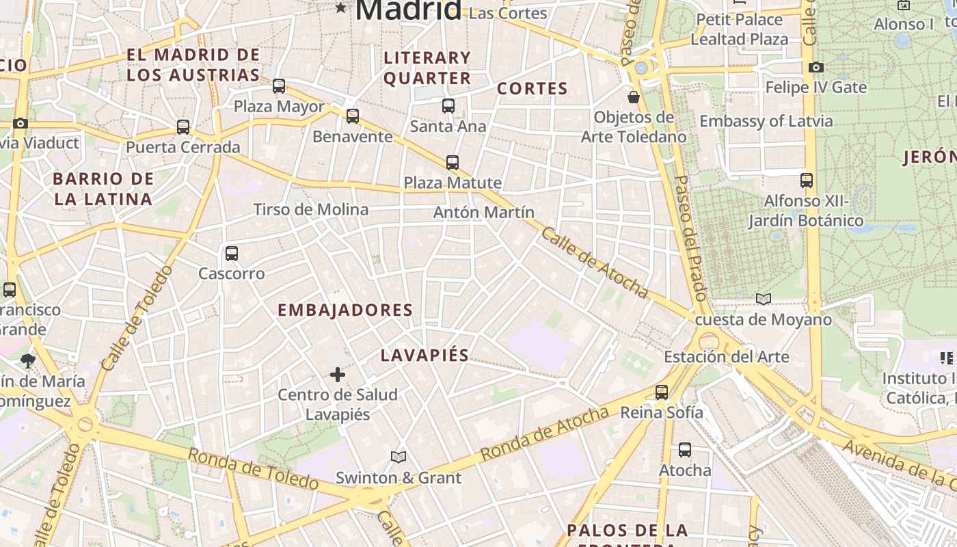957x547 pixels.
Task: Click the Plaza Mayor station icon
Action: [279, 86]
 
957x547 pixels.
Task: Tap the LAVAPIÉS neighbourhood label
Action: [424, 355]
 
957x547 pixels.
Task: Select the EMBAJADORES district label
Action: [345, 310]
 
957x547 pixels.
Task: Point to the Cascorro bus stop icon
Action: [232, 254]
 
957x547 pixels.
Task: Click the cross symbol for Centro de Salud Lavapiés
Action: [338, 375]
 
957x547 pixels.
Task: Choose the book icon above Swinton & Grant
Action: [399, 457]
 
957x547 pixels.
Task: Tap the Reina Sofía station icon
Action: [662, 392]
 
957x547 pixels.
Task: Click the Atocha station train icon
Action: [685, 450]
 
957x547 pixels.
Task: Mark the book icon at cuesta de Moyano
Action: [764, 299]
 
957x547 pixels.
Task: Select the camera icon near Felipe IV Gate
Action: [816, 67]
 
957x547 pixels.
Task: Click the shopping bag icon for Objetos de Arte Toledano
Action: [634, 97]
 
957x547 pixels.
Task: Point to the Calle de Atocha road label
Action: [595, 263]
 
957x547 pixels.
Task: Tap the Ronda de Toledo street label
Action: [252, 469]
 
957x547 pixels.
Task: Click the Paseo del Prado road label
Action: [690, 238]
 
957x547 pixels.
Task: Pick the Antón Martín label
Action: [484, 213]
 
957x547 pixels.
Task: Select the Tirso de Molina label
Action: [311, 209]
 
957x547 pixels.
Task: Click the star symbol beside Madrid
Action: [340, 8]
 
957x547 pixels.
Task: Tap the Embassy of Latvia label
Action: [766, 122]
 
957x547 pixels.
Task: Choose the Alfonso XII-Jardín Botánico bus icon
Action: [807, 181]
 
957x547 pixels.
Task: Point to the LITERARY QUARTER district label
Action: [427, 68]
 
